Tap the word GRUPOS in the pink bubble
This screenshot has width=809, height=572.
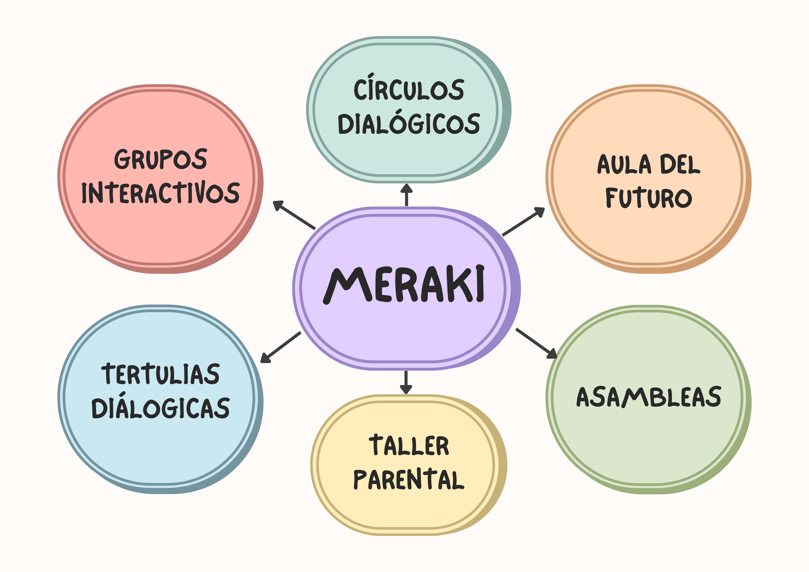pyautogui.click(x=161, y=159)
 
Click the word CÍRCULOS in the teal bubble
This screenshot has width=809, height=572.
pyautogui.click(x=409, y=90)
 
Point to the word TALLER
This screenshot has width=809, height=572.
pyautogui.click(x=409, y=446)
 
